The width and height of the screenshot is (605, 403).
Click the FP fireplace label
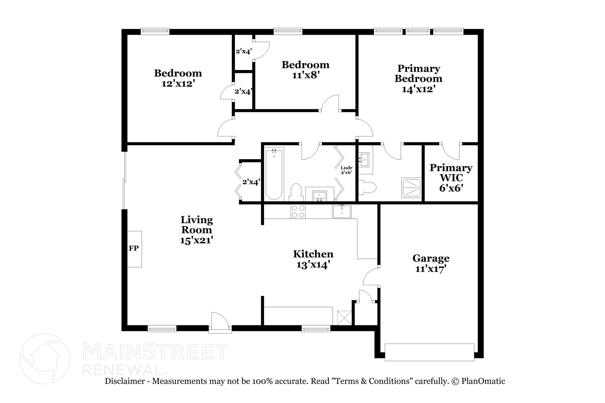(134, 248)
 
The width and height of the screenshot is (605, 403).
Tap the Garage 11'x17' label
(431, 263)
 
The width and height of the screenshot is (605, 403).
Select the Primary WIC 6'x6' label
(451, 178)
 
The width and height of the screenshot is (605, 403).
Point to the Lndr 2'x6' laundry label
(347, 170)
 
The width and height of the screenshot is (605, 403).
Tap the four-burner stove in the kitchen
(298, 211)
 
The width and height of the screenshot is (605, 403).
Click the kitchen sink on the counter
(342, 211)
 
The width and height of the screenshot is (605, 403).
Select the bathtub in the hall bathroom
(274, 174)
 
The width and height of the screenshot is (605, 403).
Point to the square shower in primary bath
(411, 187)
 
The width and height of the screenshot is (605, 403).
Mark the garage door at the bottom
(429, 352)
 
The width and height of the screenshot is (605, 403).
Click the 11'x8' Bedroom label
(305, 70)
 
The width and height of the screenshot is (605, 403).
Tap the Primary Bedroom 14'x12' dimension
(418, 89)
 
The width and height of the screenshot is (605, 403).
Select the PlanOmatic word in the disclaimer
(483, 381)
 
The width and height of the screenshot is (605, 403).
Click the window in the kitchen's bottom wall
(316, 328)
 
